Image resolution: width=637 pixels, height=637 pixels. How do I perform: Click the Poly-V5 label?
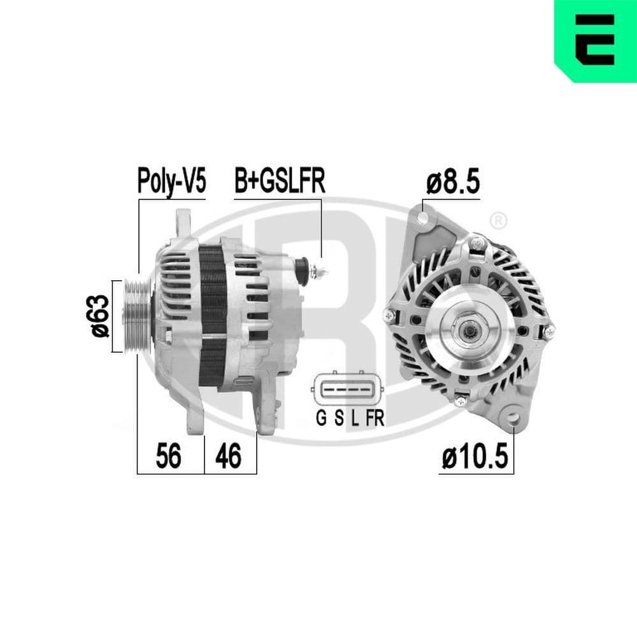pos(172,182)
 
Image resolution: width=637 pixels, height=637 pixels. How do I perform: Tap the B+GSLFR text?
pos(280,181)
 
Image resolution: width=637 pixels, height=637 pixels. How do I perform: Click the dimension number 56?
pos(169,456)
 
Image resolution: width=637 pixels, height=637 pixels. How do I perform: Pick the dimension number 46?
pos(228,456)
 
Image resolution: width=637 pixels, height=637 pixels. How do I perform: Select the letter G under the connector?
pos(321,419)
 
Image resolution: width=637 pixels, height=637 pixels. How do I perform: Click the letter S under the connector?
pos(339,419)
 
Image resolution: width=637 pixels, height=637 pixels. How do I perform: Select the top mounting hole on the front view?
pos(422,218)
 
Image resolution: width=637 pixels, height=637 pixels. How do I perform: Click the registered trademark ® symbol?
pos(498,220)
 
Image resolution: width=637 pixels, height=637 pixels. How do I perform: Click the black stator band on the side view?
pos(213,315)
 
